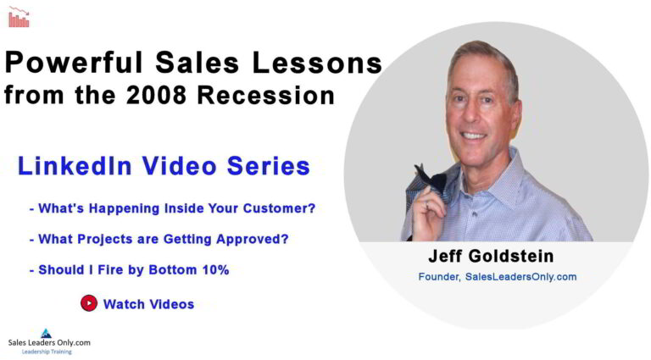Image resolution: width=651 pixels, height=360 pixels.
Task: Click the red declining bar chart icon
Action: click(19, 17)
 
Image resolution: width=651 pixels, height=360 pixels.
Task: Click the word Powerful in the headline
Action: click(74, 63)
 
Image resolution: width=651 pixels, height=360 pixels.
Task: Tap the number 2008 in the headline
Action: click(157, 95)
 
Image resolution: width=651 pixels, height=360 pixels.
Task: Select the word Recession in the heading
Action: click(266, 95)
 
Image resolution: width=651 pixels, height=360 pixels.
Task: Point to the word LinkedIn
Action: click(75, 166)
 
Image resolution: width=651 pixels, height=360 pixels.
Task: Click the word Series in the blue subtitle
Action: click(269, 166)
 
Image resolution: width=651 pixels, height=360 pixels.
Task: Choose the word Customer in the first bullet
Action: click(279, 208)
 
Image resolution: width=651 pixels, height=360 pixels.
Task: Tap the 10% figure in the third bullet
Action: click(215, 270)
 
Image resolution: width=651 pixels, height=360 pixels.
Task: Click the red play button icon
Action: click(89, 303)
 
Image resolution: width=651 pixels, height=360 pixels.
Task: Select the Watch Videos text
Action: click(148, 304)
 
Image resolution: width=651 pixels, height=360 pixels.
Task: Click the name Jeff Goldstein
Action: click(491, 256)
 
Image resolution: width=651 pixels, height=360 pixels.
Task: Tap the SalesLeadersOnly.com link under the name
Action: click(520, 277)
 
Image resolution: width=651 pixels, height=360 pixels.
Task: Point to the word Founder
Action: click(439, 277)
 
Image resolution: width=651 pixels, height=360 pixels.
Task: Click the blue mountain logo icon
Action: click(46, 334)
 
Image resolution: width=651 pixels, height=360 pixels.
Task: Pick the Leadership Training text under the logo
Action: click(47, 352)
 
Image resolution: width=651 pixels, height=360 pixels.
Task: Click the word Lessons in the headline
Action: click(317, 63)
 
